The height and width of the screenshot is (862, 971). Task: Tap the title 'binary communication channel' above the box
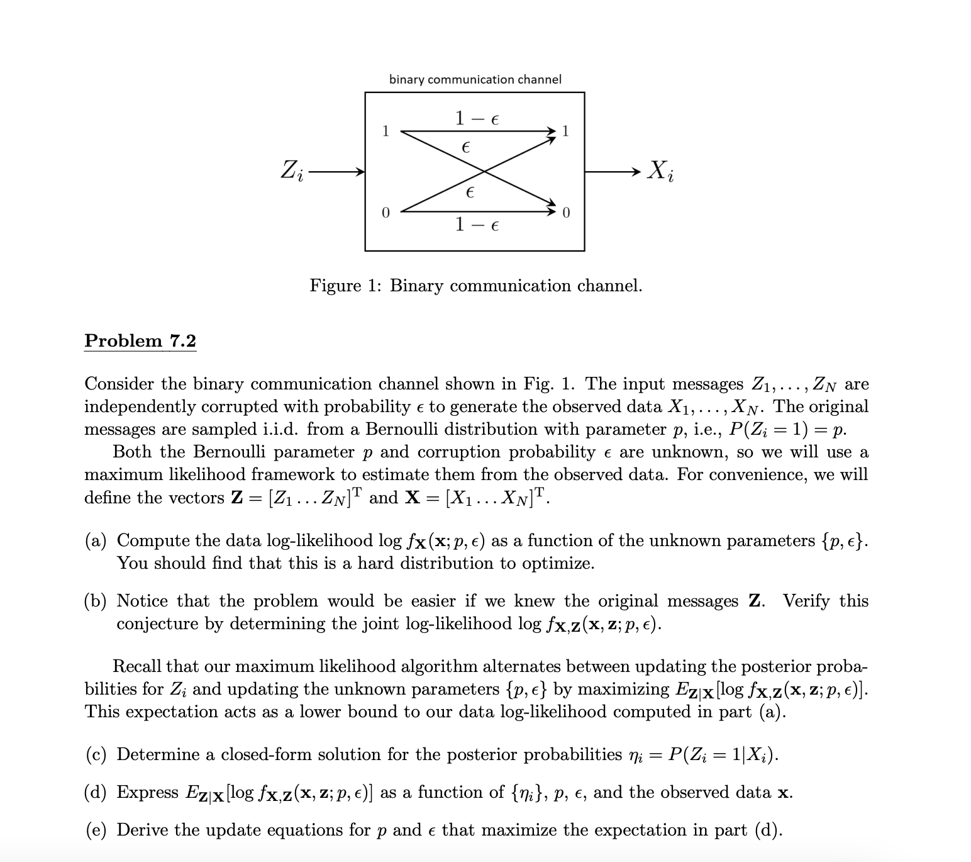coord(475,79)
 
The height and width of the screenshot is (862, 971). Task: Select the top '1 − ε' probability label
coord(476,118)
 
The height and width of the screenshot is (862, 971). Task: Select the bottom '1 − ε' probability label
coord(476,223)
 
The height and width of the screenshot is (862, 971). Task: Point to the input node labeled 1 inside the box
coord(386,132)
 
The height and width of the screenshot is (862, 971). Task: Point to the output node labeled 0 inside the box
coord(565,212)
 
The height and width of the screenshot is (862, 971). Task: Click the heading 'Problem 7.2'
coord(140,341)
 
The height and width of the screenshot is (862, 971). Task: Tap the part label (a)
coord(96,540)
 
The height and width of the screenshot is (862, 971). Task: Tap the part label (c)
coord(96,754)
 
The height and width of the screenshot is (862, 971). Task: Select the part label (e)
coord(96,830)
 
